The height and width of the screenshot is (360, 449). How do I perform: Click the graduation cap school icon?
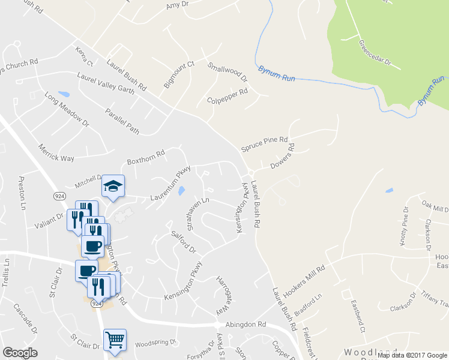[112, 185]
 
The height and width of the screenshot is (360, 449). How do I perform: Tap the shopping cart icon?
[115, 340]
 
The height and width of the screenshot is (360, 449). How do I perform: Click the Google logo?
[20, 353]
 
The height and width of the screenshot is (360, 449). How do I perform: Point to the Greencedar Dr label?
[375, 53]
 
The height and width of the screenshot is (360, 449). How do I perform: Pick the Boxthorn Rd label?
[145, 161]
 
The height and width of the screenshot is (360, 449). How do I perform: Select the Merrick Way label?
[56, 152]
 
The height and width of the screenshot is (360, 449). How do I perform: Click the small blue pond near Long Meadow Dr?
[64, 94]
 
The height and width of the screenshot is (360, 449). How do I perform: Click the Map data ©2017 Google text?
[412, 355]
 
